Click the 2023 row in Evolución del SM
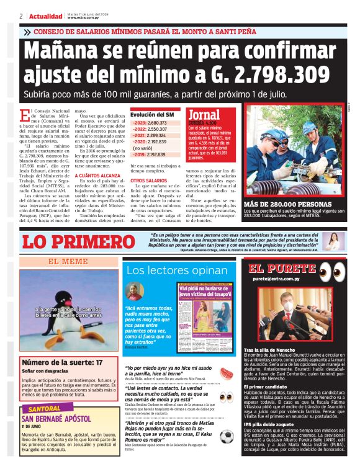click(149, 123)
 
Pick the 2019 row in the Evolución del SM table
click(149, 154)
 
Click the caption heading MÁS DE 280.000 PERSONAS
click(279, 205)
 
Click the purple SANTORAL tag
click(42, 409)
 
